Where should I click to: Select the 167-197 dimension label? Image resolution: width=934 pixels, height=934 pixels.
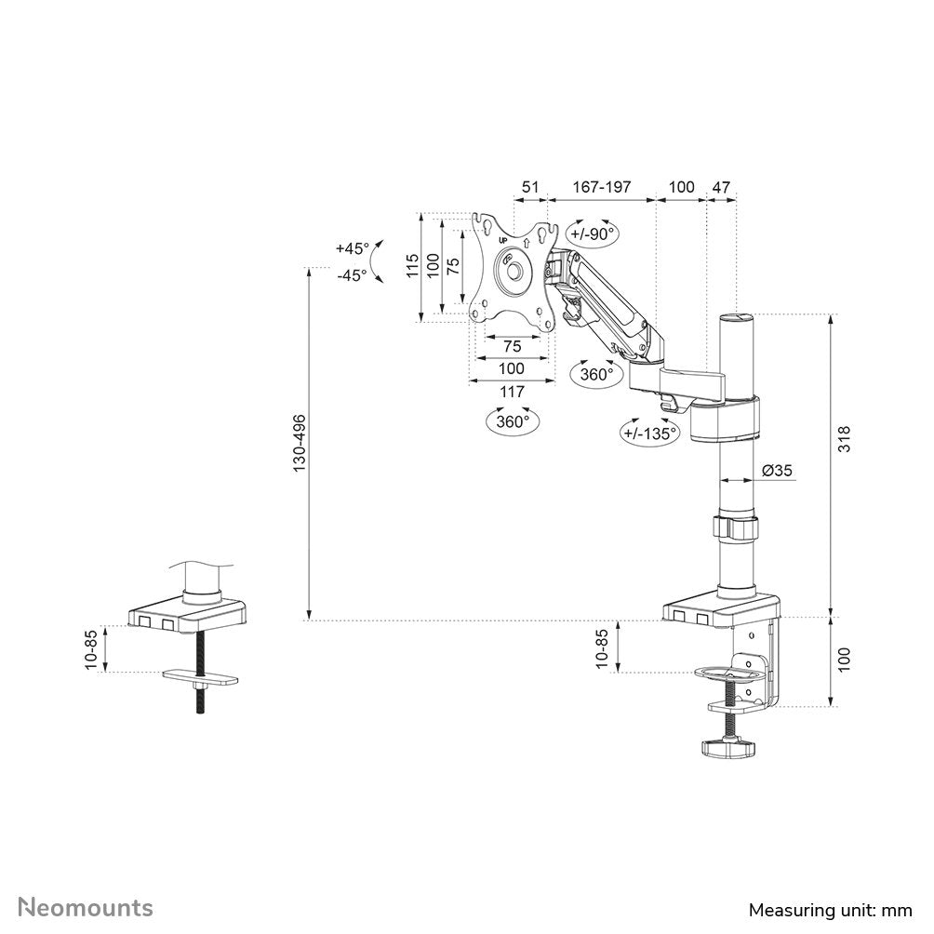(x=601, y=187)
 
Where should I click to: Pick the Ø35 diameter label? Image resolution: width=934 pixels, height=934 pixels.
(x=777, y=471)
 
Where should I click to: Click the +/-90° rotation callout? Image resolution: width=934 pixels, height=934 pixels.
(x=594, y=234)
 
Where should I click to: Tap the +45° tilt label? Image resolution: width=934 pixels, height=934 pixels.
(x=353, y=248)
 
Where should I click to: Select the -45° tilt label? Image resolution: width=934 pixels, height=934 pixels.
(x=351, y=275)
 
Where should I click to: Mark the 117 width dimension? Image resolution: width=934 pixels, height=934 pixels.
(x=512, y=392)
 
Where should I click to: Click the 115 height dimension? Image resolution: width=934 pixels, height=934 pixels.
(x=412, y=267)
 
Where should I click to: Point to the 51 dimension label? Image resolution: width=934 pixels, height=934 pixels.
(x=529, y=187)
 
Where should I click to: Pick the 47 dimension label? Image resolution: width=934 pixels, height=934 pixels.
(x=721, y=187)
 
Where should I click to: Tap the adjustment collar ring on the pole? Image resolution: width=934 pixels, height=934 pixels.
(x=736, y=527)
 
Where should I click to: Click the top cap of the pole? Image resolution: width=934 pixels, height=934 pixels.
(x=736, y=319)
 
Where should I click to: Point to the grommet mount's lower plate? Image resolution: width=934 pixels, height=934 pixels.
(x=199, y=678)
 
